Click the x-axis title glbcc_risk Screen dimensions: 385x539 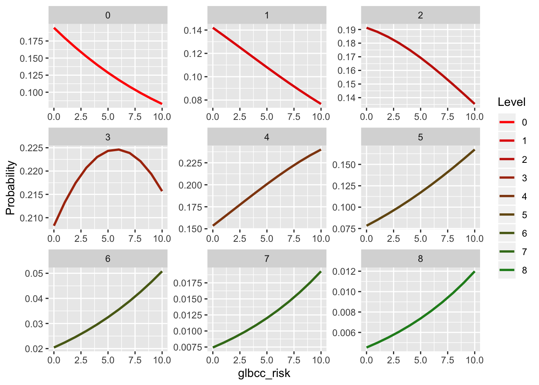[x=264, y=374]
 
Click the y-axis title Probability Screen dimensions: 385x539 [x=10, y=188]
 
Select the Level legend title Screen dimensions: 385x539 [x=511, y=102]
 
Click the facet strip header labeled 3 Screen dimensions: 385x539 [x=108, y=137]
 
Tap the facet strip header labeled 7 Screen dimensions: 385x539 [x=267, y=259]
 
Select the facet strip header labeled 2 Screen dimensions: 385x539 [x=420, y=16]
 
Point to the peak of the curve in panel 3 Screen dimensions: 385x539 [x=119, y=149]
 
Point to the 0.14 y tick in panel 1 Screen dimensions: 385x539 [x=193, y=30]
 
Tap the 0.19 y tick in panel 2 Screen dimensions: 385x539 [x=346, y=30]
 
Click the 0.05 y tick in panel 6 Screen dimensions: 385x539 [x=34, y=274]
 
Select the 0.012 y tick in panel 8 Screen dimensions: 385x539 [x=344, y=272]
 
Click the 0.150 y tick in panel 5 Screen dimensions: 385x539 [x=344, y=165]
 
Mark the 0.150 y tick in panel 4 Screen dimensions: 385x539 [x=190, y=229]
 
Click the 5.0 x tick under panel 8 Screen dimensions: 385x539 [x=420, y=360]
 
